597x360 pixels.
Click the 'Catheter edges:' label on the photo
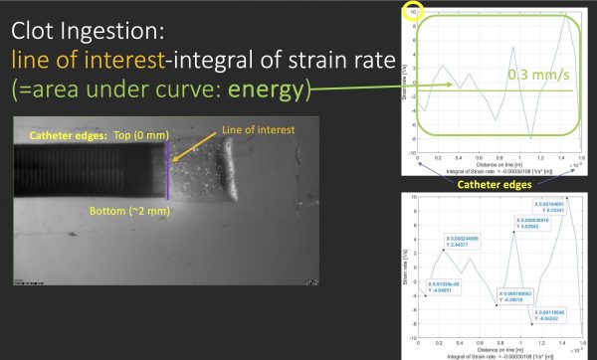[64, 134]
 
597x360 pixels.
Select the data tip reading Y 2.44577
[459, 241]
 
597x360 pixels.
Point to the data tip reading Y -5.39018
[516, 295]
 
